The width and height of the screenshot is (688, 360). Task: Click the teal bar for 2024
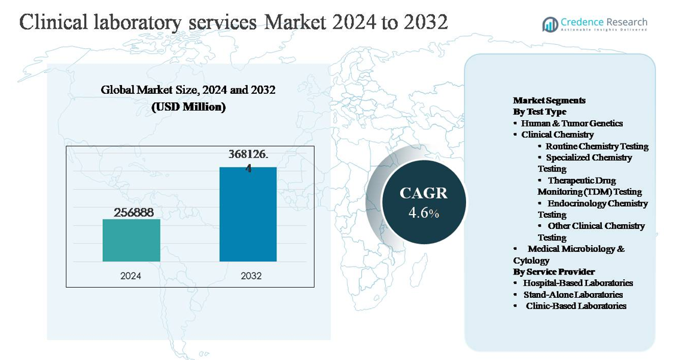[131, 240]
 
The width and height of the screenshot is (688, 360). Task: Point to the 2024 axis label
[131, 276]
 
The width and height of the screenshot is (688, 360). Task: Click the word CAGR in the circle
[423, 193]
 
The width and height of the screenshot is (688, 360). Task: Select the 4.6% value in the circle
[424, 213]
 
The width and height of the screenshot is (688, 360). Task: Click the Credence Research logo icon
[550, 25]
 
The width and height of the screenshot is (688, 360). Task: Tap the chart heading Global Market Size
[188, 90]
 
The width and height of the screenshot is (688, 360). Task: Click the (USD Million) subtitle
[188, 107]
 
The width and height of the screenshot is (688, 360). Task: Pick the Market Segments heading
[549, 100]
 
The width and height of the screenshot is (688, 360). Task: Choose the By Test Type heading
[539, 112]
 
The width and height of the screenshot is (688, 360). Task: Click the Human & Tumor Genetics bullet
[571, 123]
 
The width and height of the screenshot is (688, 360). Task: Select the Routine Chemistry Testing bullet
[596, 146]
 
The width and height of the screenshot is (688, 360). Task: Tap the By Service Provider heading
[553, 271]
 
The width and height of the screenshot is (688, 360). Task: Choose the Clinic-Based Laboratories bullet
[576, 306]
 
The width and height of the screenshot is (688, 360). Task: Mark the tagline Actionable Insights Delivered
[604, 30]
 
